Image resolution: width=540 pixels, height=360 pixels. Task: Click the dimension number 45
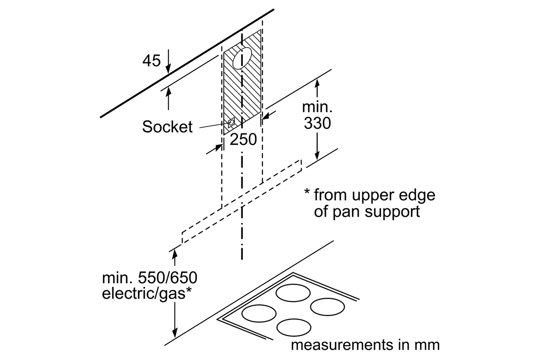(x=151, y=60)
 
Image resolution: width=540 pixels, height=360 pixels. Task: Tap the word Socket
(x=167, y=127)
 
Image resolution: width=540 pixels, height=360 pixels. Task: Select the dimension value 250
(x=243, y=139)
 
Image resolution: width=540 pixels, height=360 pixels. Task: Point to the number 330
(x=317, y=123)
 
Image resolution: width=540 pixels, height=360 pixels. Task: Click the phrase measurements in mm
(x=365, y=345)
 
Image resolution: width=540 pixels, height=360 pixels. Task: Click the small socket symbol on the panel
(x=230, y=123)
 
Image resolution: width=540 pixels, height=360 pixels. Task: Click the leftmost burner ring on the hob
(x=259, y=313)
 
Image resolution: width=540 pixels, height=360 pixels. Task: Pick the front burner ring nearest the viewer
(x=294, y=327)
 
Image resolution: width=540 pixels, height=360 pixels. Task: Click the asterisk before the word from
(x=307, y=192)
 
